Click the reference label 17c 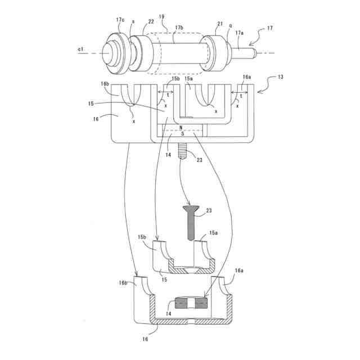click(120, 20)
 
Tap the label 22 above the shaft click(151, 21)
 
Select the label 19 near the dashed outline click(161, 16)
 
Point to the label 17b click(179, 28)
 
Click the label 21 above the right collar click(220, 24)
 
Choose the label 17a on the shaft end click(240, 33)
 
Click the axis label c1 click(80, 49)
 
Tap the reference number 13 click(281, 77)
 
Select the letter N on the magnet click(181, 128)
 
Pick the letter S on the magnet click(183, 134)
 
